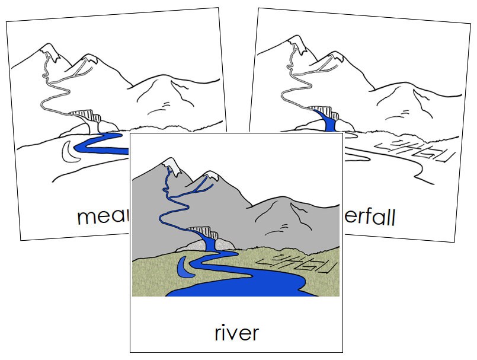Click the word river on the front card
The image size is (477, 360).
coord(236,332)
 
